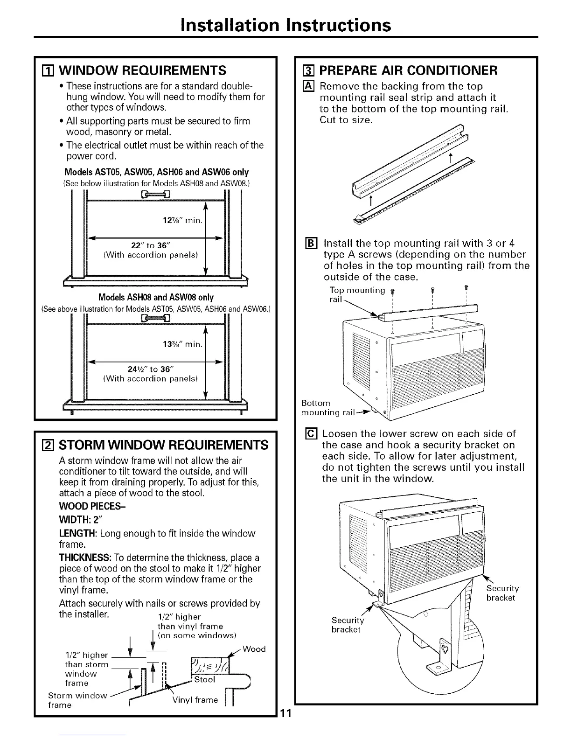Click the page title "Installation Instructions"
coord(286,25)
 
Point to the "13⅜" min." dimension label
coord(182,345)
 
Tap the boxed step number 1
coord(46,70)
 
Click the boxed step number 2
coord(46,445)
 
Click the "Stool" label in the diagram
coord(204,679)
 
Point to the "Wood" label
coord(254,649)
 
